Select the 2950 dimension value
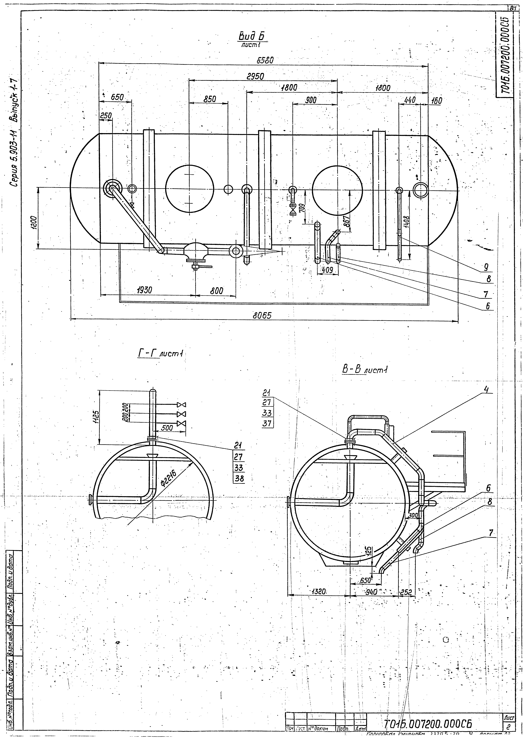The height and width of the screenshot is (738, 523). pyautogui.click(x=255, y=76)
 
